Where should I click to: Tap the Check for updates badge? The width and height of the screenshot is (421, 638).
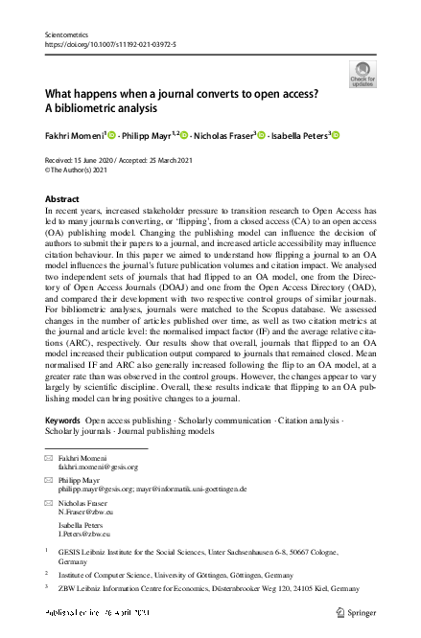363,74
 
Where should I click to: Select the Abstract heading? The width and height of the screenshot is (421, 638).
62,199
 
